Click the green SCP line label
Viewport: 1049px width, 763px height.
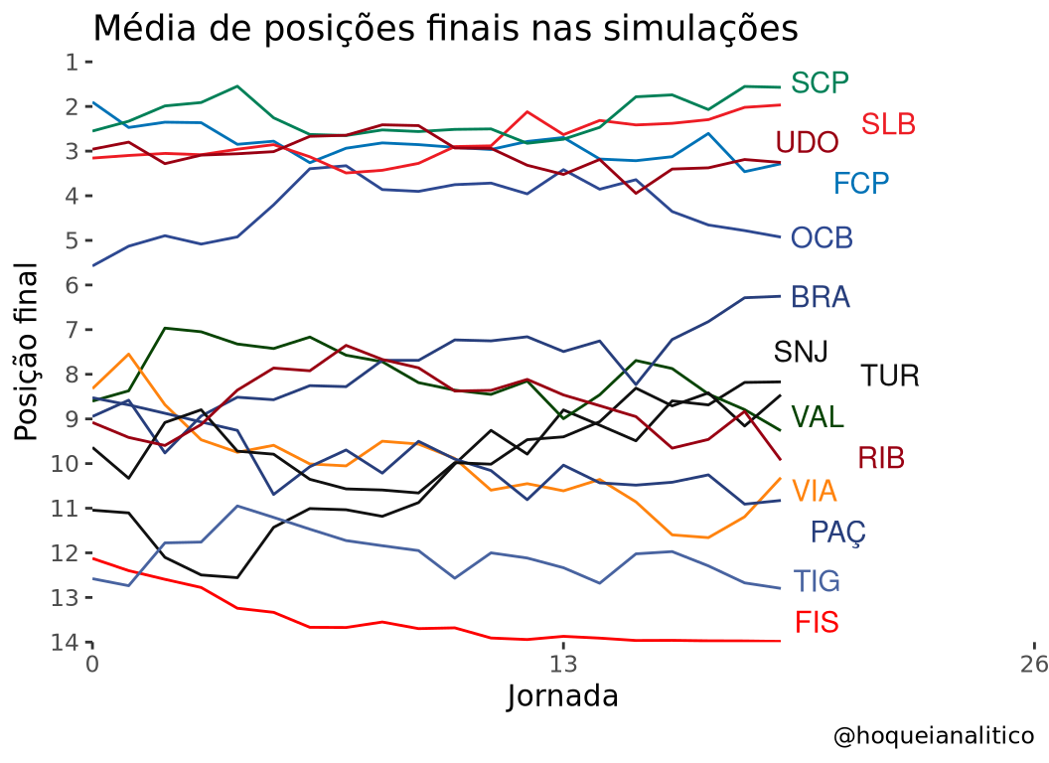820,83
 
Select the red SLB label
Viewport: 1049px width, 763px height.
888,124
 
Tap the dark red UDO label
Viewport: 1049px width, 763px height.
807,142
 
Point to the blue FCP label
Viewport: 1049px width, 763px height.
861,183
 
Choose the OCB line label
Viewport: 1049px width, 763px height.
822,237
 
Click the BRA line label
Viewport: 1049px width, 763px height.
821,297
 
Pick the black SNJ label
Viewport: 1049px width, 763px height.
801,352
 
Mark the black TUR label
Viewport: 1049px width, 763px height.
890,377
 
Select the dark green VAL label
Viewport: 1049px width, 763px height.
818,417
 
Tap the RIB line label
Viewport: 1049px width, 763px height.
882,458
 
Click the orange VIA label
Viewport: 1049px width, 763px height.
815,491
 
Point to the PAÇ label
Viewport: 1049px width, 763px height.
838,534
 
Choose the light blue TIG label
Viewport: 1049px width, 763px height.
817,581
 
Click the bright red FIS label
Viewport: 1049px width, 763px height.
817,623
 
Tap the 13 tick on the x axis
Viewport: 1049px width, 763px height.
563,664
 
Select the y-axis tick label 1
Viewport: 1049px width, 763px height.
72,63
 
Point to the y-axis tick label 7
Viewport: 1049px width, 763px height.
72,330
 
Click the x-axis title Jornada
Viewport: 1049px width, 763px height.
562,696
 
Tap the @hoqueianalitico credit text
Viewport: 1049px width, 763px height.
934,736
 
